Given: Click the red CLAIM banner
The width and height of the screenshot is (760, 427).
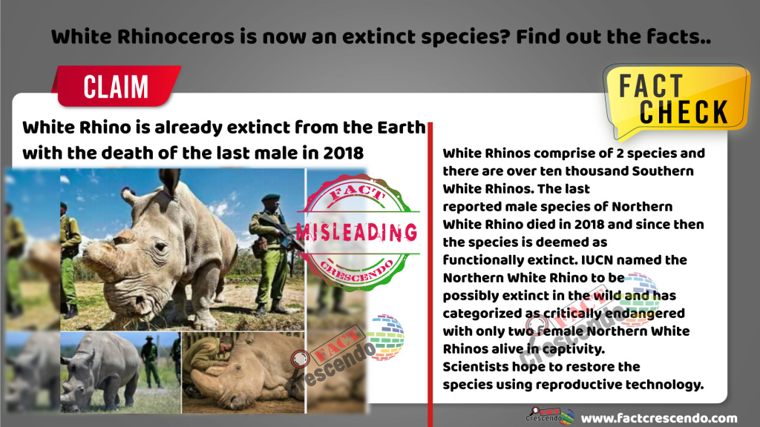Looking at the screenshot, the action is pyautogui.click(x=117, y=86).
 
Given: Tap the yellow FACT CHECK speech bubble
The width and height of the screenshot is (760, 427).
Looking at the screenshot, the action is pyautogui.click(x=676, y=99).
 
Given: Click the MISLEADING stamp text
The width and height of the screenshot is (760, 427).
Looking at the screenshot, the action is pyautogui.click(x=357, y=232).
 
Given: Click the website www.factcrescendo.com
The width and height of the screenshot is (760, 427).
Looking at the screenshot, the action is pyautogui.click(x=659, y=418).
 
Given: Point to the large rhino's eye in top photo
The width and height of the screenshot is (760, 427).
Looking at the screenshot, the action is pyautogui.click(x=160, y=247).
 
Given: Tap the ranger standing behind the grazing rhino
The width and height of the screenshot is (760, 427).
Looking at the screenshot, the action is pyautogui.click(x=150, y=361).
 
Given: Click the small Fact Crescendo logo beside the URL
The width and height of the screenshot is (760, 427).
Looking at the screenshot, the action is pyautogui.click(x=550, y=416).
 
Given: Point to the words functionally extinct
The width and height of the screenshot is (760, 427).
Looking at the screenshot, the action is pyautogui.click(x=510, y=260).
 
